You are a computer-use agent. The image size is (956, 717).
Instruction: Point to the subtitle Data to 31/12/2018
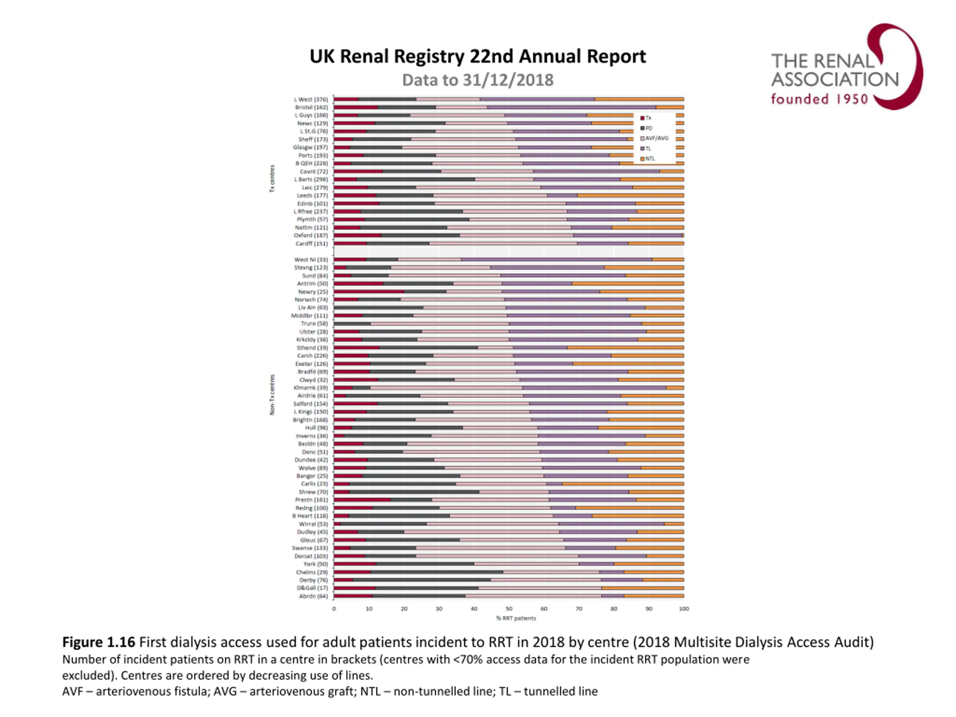(478, 80)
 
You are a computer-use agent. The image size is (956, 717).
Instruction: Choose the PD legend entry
(648, 128)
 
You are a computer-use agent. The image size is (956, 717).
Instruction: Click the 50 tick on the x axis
(509, 609)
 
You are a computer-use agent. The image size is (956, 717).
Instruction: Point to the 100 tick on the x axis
(684, 609)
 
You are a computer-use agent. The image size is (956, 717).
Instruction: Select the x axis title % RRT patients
(516, 618)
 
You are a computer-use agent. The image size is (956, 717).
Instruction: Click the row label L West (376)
(311, 99)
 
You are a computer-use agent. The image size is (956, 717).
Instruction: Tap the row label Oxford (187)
(311, 236)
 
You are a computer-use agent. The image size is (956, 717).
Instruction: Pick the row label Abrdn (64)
(313, 596)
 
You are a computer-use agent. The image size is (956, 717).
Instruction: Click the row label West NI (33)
(311, 260)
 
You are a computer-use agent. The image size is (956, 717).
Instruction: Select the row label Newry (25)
(313, 292)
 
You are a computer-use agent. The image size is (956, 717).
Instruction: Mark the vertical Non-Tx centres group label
(272, 395)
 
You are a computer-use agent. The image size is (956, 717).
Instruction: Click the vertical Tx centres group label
(272, 178)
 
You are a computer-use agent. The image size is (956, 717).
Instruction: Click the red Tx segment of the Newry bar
(369, 292)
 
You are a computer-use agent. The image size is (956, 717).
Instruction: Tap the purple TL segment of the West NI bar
(556, 260)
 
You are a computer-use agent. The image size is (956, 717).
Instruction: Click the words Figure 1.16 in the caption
(99, 642)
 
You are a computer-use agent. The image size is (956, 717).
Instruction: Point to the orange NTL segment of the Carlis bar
(623, 484)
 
